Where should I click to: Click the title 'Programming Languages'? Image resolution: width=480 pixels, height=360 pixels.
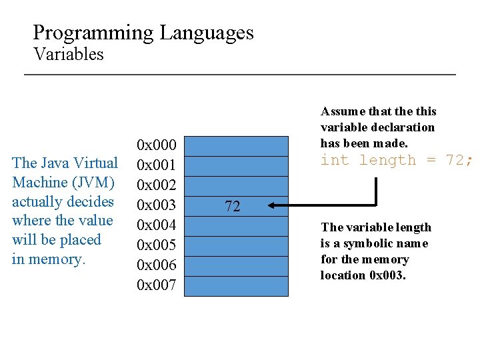tap(143, 33)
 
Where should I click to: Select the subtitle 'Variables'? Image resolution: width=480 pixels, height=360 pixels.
tap(69, 54)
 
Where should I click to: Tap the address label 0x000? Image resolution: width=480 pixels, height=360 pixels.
tap(156, 145)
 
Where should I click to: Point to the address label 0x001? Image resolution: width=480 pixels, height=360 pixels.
tap(156, 165)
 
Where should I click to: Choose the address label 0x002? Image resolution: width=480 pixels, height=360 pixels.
tap(156, 185)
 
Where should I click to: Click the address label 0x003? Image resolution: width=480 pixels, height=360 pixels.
tap(156, 205)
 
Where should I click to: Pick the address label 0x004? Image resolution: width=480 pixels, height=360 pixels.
tap(156, 225)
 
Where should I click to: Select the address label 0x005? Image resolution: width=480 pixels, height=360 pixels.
tap(156, 245)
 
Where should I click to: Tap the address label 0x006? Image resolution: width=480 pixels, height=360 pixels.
tap(156, 265)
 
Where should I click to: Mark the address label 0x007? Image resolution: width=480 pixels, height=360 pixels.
tap(156, 285)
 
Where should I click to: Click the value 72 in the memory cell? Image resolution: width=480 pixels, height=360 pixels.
tap(232, 207)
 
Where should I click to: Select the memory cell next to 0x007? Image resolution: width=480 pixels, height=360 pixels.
tap(237, 286)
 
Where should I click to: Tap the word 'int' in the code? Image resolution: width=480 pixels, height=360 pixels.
tap(335, 160)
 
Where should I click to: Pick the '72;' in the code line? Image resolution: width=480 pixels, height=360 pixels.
tap(460, 160)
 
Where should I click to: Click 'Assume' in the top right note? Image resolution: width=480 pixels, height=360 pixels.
tap(343, 111)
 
